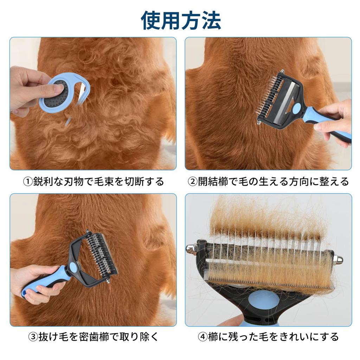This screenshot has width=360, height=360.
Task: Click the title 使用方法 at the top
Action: coord(181,20)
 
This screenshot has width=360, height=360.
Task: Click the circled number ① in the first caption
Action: coord(28,182)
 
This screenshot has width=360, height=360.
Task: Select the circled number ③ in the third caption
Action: coord(33,337)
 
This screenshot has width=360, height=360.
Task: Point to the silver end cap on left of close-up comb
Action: coord(192,248)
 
